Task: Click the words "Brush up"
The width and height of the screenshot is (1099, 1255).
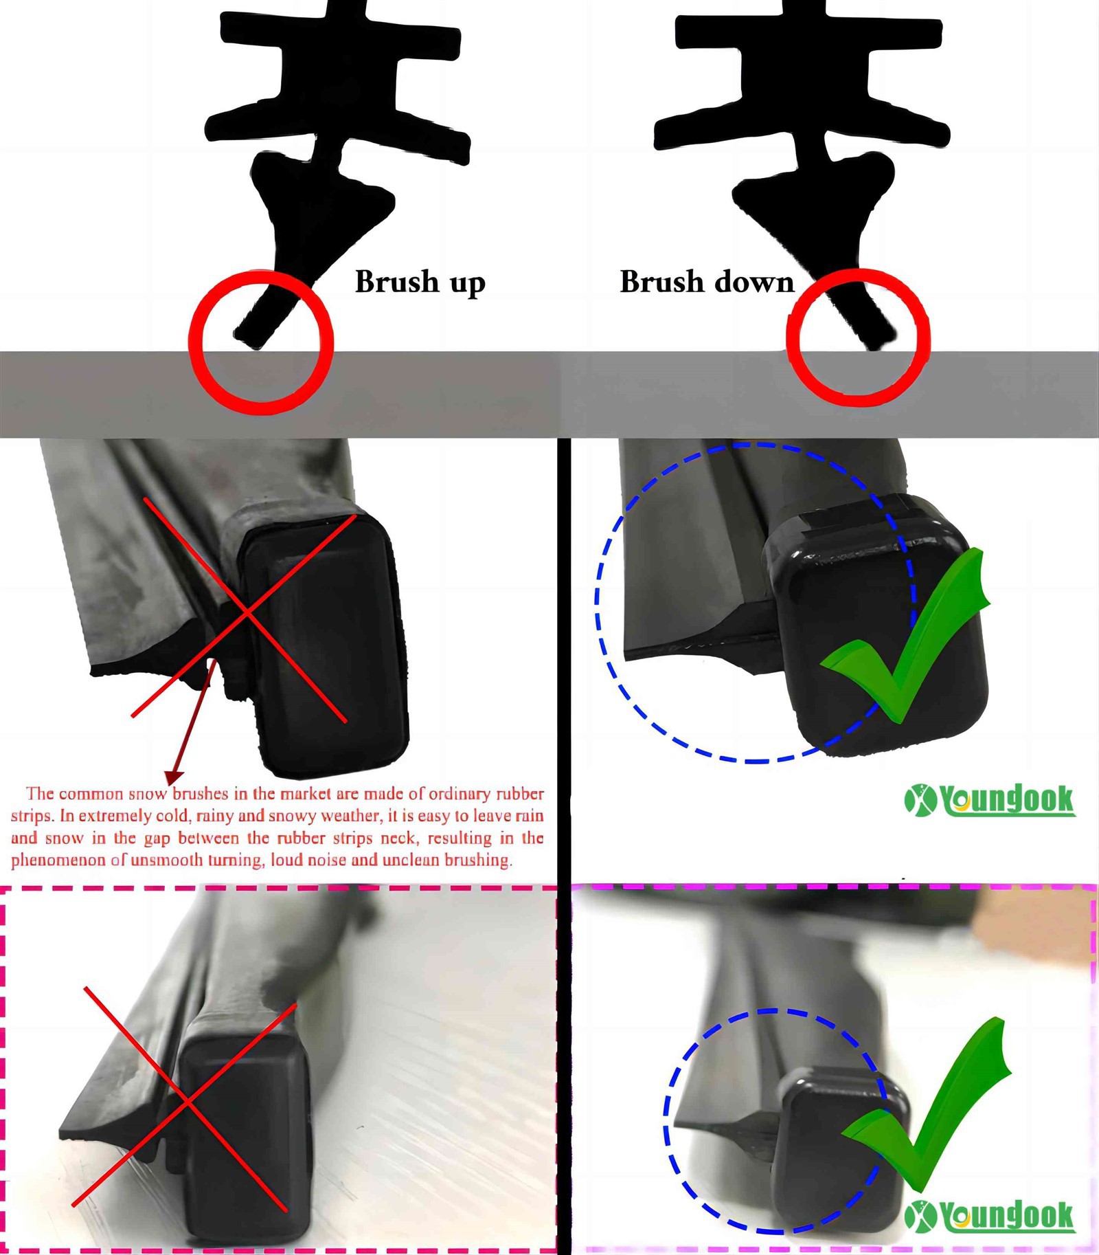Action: [x=420, y=282]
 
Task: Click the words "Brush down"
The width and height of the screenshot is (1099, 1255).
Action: [x=707, y=282]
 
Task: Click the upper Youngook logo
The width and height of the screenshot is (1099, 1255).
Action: [x=990, y=800]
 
